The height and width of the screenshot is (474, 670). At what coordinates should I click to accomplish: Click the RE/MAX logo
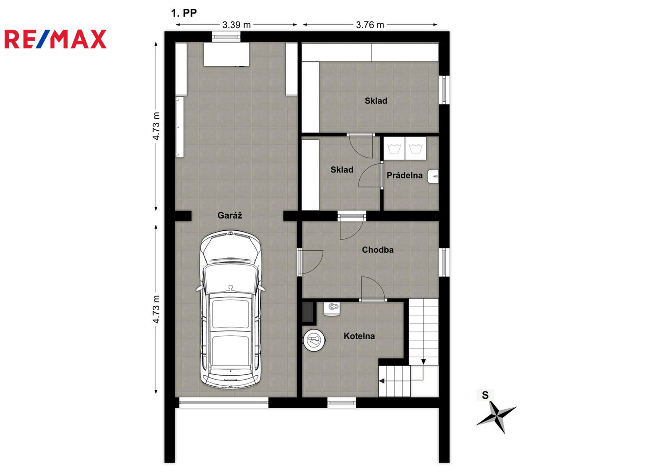click(x=55, y=39)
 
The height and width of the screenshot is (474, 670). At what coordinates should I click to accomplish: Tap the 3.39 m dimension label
click(x=236, y=25)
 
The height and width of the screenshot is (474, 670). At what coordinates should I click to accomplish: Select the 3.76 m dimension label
click(x=370, y=25)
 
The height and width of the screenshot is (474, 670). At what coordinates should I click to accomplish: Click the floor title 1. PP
click(x=184, y=13)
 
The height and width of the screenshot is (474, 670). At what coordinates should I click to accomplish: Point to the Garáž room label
click(x=229, y=215)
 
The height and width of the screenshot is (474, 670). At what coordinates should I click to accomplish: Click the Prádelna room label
click(x=405, y=176)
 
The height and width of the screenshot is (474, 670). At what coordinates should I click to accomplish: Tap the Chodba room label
click(x=377, y=250)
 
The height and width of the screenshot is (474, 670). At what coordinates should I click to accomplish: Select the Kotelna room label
click(x=359, y=336)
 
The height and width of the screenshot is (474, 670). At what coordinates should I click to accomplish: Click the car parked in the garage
click(x=230, y=309)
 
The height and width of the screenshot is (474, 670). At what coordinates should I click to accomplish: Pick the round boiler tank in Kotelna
click(x=314, y=340)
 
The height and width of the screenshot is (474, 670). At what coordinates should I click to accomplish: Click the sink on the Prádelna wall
click(x=433, y=176)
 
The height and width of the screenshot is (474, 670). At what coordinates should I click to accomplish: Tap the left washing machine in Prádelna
click(x=394, y=149)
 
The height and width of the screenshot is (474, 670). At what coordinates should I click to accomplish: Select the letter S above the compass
click(x=485, y=395)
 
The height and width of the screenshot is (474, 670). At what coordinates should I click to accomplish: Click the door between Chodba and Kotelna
click(x=373, y=289)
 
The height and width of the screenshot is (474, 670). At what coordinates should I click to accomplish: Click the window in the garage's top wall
click(x=226, y=37)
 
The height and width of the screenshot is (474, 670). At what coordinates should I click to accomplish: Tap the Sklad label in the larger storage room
click(x=376, y=101)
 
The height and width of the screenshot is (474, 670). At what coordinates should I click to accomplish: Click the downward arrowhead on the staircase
click(x=423, y=362)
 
